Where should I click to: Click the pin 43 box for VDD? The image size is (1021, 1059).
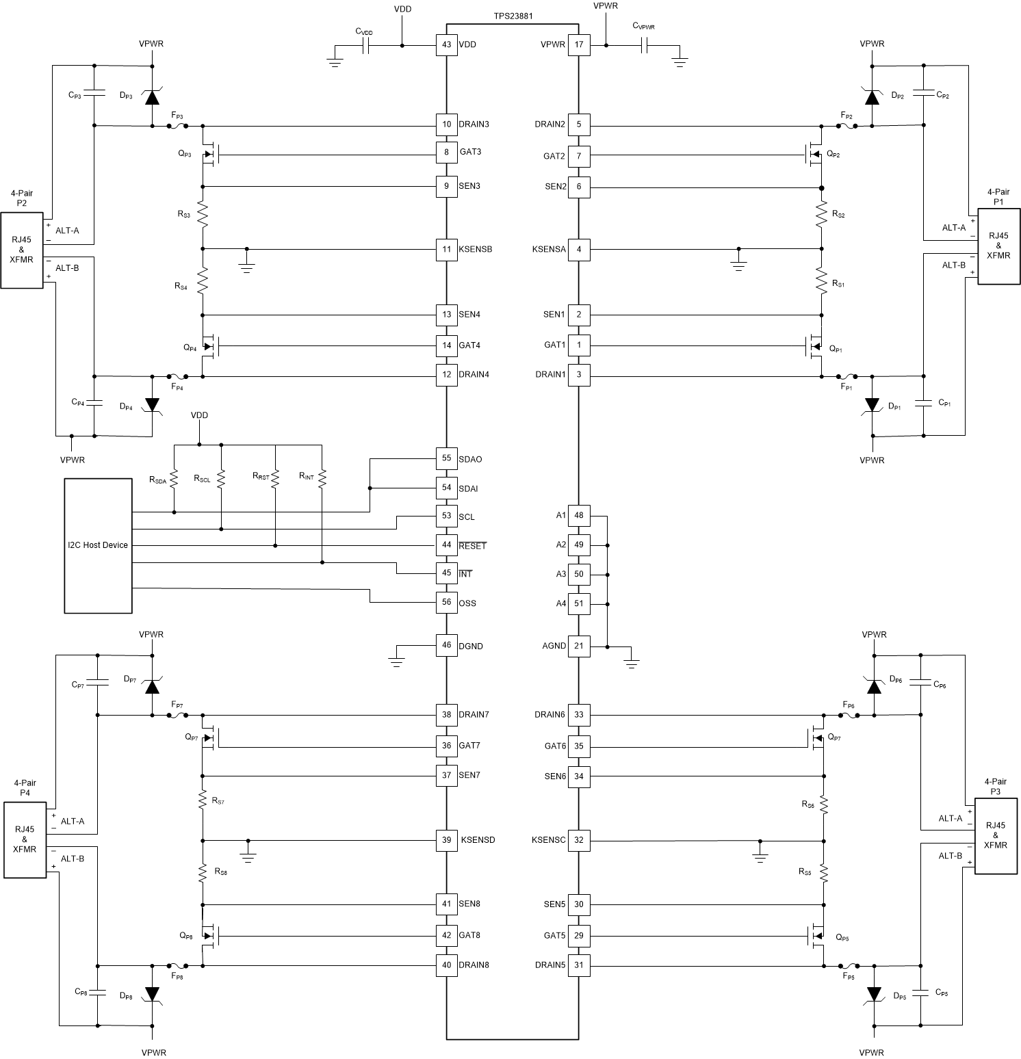447,45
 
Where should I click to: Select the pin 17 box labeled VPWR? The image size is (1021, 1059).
579,45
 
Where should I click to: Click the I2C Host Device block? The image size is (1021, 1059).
98,545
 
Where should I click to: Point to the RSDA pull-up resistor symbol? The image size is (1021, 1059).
174,479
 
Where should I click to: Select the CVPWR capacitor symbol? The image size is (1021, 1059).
644,46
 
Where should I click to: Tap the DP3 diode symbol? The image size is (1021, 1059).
152,96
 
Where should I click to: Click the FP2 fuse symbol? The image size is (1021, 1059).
846,125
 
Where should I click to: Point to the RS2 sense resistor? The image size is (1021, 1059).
822,215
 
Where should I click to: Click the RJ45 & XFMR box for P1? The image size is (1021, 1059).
998,246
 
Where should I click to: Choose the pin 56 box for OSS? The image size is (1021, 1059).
447,603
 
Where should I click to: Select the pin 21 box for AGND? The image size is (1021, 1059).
579,646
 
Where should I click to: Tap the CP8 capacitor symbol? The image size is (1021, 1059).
98,991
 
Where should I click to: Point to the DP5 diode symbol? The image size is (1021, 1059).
873,993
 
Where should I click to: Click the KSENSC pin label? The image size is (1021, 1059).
549,840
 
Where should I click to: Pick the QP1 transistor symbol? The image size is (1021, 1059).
815,347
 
